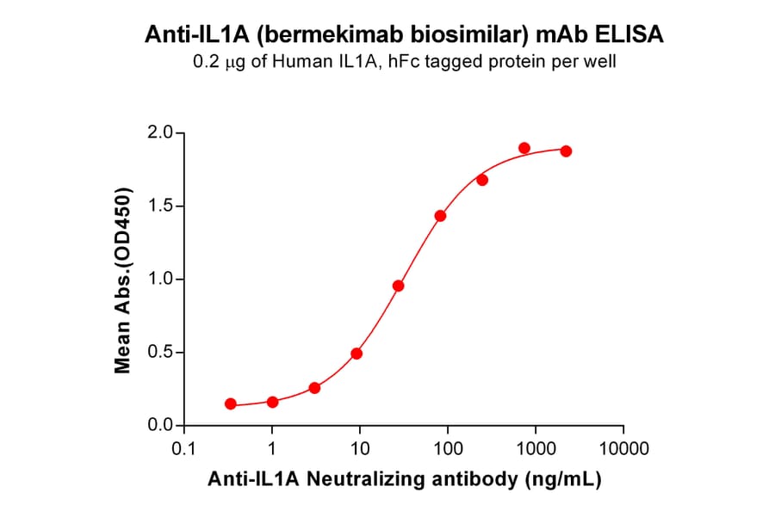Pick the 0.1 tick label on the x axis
[x=183, y=449]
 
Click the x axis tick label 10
[x=360, y=449]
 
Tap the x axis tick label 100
[x=448, y=449]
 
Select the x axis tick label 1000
[x=536, y=449]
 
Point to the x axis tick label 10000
[x=623, y=449]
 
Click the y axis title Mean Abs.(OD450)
[x=123, y=280]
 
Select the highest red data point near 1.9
[x=524, y=148]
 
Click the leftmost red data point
[x=231, y=403]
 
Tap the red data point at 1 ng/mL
[x=272, y=402]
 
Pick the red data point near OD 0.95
[x=398, y=286]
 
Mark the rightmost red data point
[x=566, y=151]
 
